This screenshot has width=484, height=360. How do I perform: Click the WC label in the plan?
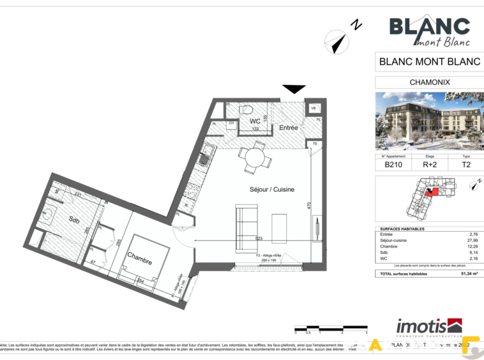click(x=255, y=121)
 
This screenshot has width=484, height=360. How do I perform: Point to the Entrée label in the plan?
click(x=289, y=128)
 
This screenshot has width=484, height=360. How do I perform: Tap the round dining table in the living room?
click(x=254, y=156)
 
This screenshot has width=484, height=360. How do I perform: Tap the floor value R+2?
click(x=430, y=164)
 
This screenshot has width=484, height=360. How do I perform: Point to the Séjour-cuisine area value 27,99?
click(x=472, y=240)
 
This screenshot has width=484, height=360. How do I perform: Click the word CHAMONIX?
click(x=429, y=82)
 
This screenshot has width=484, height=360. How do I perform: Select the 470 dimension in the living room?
click(x=309, y=206)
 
